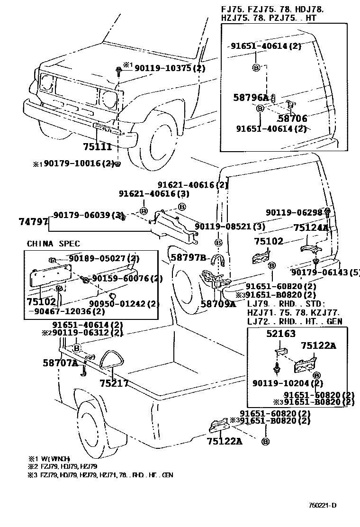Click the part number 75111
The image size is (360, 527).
[x=97, y=147]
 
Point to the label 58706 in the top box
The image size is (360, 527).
[x=292, y=119]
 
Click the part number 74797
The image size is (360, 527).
[x=34, y=221]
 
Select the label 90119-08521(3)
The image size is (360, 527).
[x=230, y=227]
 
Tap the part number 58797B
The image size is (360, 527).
[x=189, y=257]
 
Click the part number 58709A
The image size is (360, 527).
[x=218, y=304]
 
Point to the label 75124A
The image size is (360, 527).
[x=311, y=228]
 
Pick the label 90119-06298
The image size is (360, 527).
[x=294, y=213]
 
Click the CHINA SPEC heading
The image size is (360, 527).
[x=53, y=244]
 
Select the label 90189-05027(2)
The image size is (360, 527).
[x=104, y=258]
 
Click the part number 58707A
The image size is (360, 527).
[x=60, y=363]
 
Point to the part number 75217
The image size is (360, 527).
[x=114, y=383]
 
